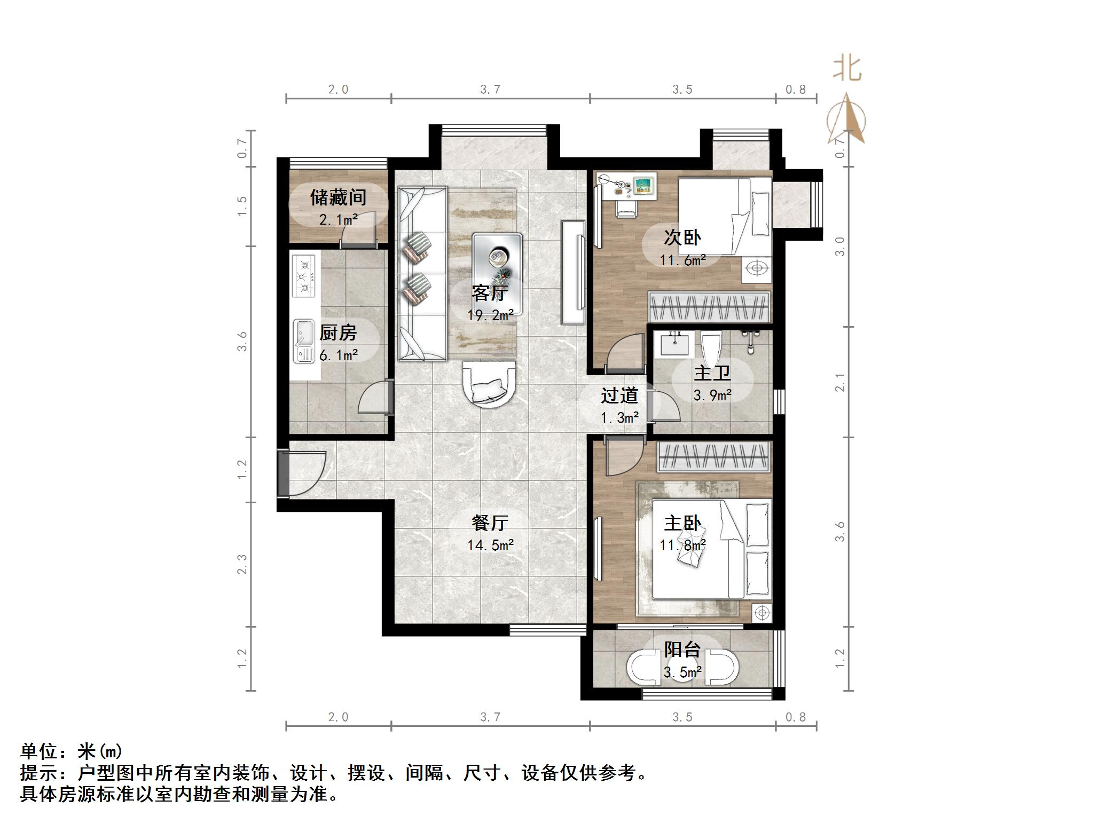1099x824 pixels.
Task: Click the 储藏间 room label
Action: pos(338,198)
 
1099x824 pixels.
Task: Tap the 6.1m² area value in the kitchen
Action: pos(339,354)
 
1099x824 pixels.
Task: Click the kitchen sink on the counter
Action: pos(305,341)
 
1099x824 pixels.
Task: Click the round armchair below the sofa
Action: pos(489,384)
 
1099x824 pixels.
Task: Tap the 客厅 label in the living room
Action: pos(489,293)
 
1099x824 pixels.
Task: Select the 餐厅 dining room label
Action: pos(489,523)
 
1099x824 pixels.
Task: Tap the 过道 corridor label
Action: pos(619,395)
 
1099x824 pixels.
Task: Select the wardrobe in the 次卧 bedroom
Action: pos(709,307)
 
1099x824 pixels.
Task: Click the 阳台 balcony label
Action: pos(682,649)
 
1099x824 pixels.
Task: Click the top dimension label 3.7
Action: pos(490,90)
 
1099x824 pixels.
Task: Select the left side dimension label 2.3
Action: pos(242,565)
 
